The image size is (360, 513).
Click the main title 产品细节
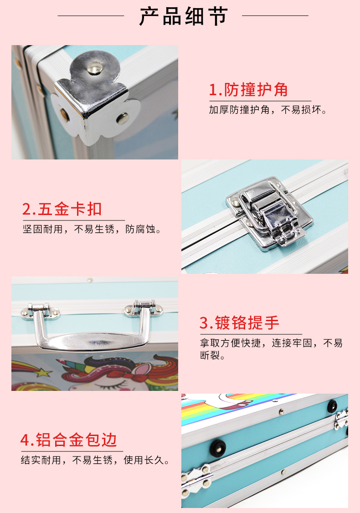183,15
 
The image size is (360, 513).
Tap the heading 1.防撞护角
248,90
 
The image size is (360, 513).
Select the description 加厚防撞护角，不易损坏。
268,110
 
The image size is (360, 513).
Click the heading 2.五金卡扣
62,209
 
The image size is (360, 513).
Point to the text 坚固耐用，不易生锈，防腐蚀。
92,229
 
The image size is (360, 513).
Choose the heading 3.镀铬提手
239,323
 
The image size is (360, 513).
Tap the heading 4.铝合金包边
69,440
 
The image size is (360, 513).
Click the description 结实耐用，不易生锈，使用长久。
95,460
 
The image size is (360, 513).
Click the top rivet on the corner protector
95,68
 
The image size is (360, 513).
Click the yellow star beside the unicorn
44,372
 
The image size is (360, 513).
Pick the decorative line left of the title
91,15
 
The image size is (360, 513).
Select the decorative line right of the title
275,15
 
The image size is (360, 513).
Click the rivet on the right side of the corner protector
123,118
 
